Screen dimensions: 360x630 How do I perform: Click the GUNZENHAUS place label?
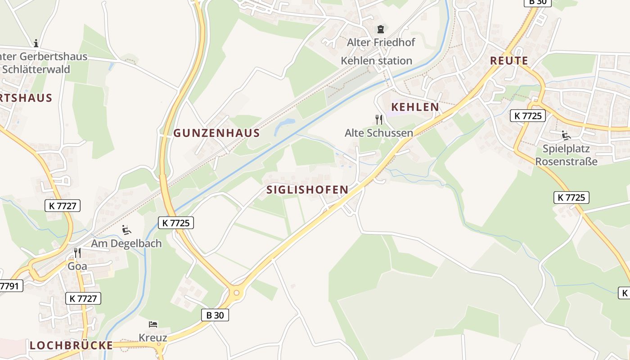tap(216, 133)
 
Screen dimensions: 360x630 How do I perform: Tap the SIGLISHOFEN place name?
tap(307, 189)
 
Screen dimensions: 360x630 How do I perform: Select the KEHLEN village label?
tap(415, 107)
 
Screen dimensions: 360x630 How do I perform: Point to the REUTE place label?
tap(509, 61)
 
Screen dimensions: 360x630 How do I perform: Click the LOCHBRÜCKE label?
tap(71, 345)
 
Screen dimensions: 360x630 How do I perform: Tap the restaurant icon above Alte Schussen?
tap(379, 119)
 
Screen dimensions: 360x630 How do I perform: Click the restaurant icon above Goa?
tap(77, 252)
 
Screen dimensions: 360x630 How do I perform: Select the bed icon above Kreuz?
tap(153, 324)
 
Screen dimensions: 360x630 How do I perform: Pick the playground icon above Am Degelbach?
tap(126, 230)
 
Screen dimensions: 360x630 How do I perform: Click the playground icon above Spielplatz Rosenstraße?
tap(566, 135)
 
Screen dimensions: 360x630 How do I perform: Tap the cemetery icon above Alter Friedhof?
tap(381, 29)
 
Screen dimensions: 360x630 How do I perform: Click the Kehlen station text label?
tap(376, 60)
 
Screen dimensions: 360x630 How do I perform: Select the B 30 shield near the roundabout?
tap(215, 315)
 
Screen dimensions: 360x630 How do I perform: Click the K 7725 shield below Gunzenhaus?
tap(176, 222)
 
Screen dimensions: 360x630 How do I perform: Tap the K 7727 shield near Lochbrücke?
tap(83, 298)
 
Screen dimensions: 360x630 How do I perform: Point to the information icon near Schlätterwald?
tap(36, 43)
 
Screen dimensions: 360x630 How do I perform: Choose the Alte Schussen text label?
tap(378, 133)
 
